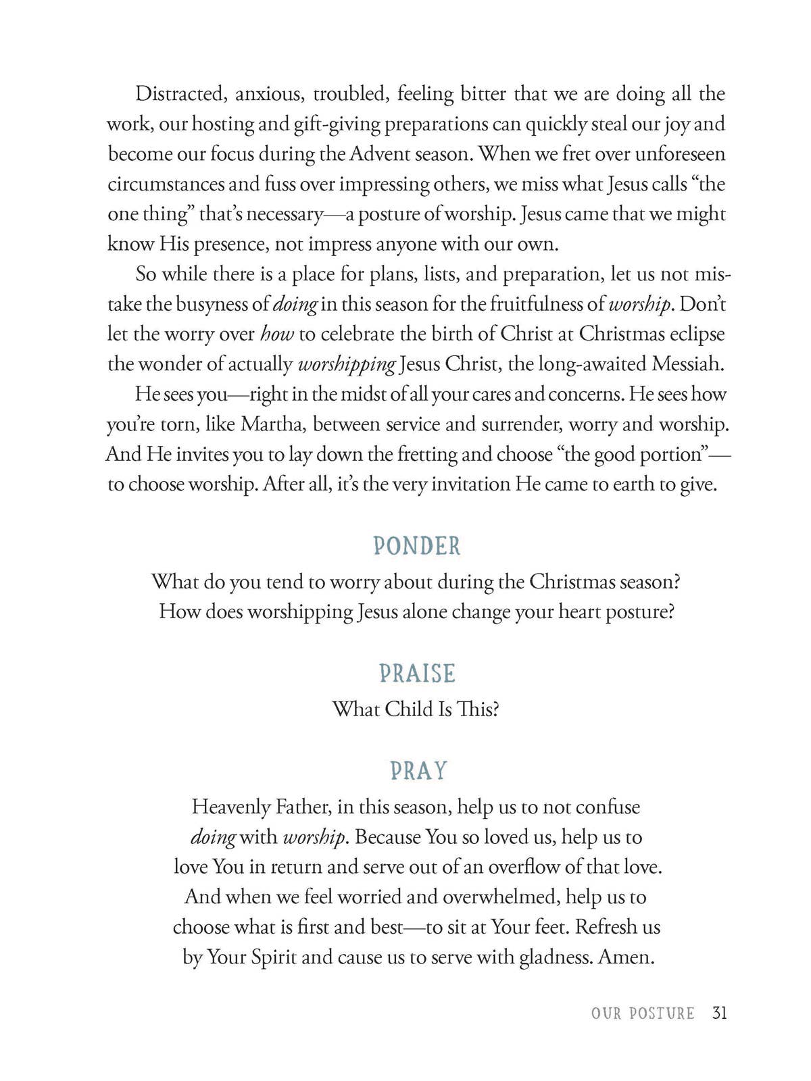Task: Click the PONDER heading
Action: [416, 546]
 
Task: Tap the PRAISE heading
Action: [417, 674]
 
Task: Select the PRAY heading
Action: [418, 771]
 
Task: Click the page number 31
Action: [719, 1013]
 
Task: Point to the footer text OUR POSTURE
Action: [642, 1013]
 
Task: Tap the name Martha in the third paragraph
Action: [272, 424]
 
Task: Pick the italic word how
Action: [276, 334]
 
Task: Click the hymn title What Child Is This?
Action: [416, 709]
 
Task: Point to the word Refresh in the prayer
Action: [606, 927]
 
